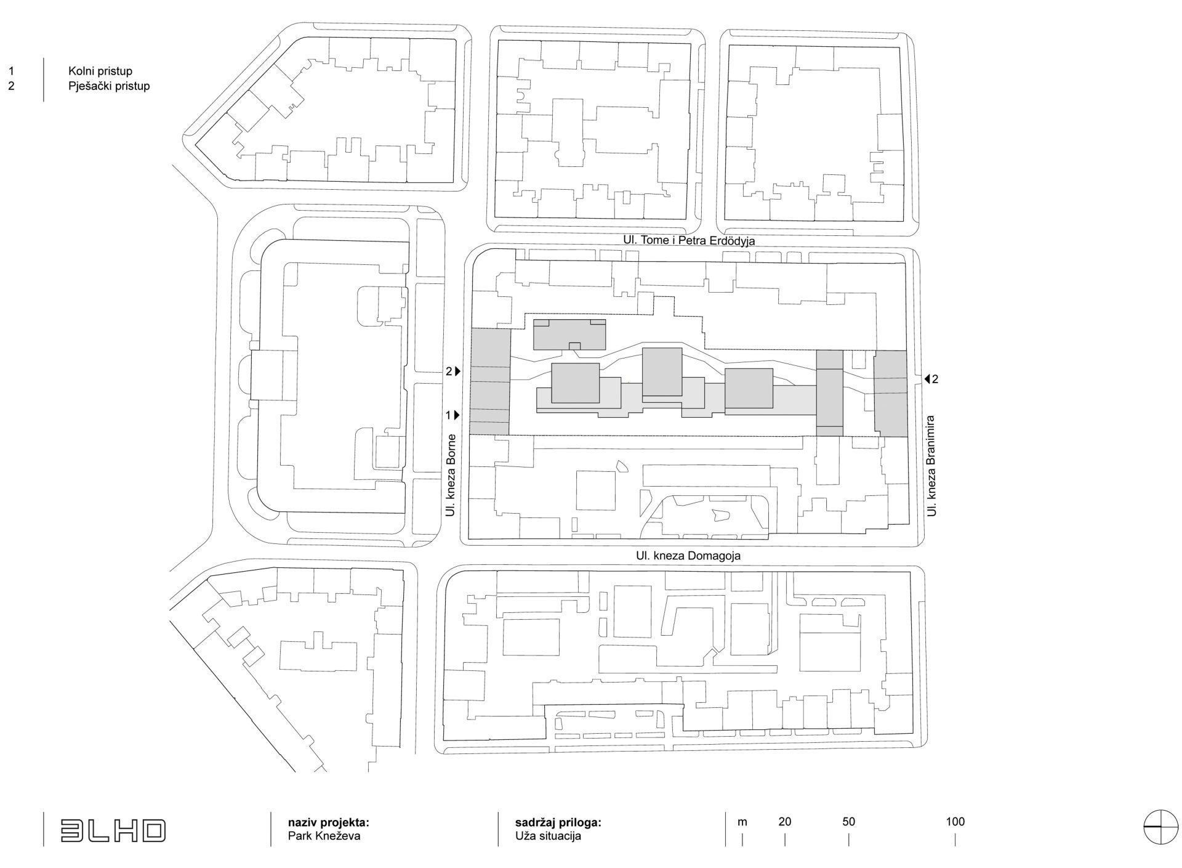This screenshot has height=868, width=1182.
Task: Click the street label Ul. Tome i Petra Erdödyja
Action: point(688,241)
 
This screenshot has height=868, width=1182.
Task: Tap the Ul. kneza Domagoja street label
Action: point(688,556)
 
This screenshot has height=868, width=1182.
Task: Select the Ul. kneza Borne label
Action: point(451,475)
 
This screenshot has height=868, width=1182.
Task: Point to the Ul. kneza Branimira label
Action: point(933,466)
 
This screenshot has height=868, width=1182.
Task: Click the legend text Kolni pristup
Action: point(100,71)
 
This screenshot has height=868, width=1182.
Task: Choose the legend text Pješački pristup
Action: point(109,86)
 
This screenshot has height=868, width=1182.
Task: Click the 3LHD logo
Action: point(113,830)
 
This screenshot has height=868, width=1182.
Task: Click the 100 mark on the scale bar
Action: point(955,821)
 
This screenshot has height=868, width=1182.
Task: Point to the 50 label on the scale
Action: point(848,821)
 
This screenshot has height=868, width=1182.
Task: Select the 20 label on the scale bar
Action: point(785,821)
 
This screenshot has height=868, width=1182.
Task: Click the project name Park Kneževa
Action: point(324,837)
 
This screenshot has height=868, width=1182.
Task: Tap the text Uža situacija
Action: point(548,837)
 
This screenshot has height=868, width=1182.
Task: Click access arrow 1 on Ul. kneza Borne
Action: point(457,415)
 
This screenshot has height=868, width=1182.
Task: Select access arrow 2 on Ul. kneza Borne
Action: point(457,371)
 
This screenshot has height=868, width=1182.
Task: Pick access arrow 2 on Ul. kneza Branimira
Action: point(927,379)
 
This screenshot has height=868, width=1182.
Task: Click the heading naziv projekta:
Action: point(329,822)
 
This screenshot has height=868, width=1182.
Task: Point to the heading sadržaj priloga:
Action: point(558,822)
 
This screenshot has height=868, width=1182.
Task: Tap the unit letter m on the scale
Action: point(742,822)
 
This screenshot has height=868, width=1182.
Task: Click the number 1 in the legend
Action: point(11,71)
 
